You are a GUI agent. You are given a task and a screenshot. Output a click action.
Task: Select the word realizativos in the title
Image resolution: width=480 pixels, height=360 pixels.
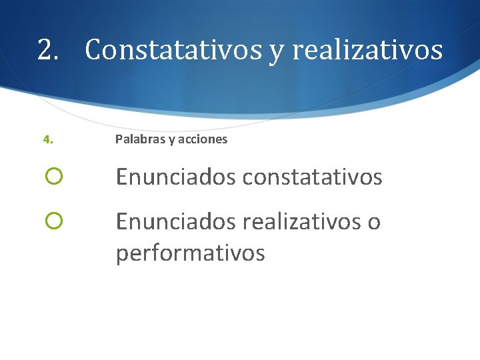367,50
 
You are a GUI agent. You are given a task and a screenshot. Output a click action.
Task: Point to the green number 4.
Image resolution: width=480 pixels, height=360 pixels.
47,140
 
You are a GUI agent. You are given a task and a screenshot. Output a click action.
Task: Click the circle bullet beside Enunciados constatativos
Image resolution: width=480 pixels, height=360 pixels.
54,177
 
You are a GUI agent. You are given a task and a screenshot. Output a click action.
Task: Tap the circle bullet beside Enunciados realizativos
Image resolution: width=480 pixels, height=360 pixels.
54,221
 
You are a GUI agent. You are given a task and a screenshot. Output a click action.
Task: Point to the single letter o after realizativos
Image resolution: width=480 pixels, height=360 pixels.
374,223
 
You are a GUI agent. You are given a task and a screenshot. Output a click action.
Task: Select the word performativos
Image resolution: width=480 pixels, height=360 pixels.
191,253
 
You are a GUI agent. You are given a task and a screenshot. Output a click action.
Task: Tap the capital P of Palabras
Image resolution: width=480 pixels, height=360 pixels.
119,139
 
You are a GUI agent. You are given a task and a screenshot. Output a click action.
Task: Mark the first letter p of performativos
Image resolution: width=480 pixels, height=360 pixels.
122,255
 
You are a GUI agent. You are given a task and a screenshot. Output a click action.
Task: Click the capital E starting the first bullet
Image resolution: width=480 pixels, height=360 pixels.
121,177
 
